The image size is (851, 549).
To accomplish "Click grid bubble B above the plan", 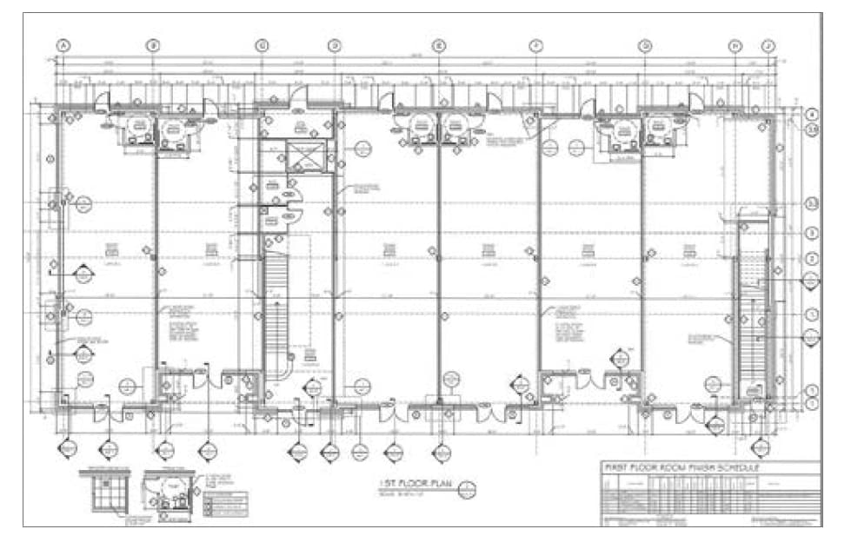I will [x=153, y=45].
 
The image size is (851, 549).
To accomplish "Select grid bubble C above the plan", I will [x=262, y=45].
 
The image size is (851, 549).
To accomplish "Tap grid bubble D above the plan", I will [x=335, y=45].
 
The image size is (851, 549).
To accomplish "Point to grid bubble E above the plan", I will [x=439, y=45].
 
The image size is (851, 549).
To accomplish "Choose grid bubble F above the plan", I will [x=535, y=45].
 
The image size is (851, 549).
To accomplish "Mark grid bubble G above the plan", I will [x=645, y=45].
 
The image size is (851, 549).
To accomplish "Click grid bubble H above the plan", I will [x=735, y=45].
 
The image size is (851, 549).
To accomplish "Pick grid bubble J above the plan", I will [x=768, y=45].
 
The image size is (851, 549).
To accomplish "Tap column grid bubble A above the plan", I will [x=63, y=45].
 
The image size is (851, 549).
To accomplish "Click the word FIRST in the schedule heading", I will [x=620, y=468].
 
